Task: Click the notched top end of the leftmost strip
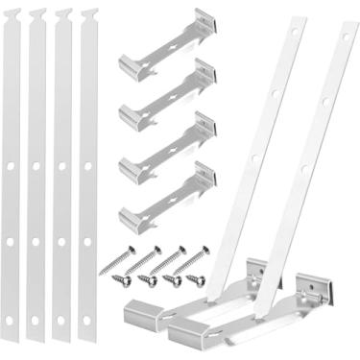pyautogui.click(x=12, y=14)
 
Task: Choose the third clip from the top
pyautogui.click(x=166, y=146)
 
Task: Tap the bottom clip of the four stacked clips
pyautogui.click(x=166, y=196)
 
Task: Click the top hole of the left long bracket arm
pyautogui.click(x=276, y=94)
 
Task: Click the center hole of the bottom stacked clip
pyautogui.click(x=171, y=198)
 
